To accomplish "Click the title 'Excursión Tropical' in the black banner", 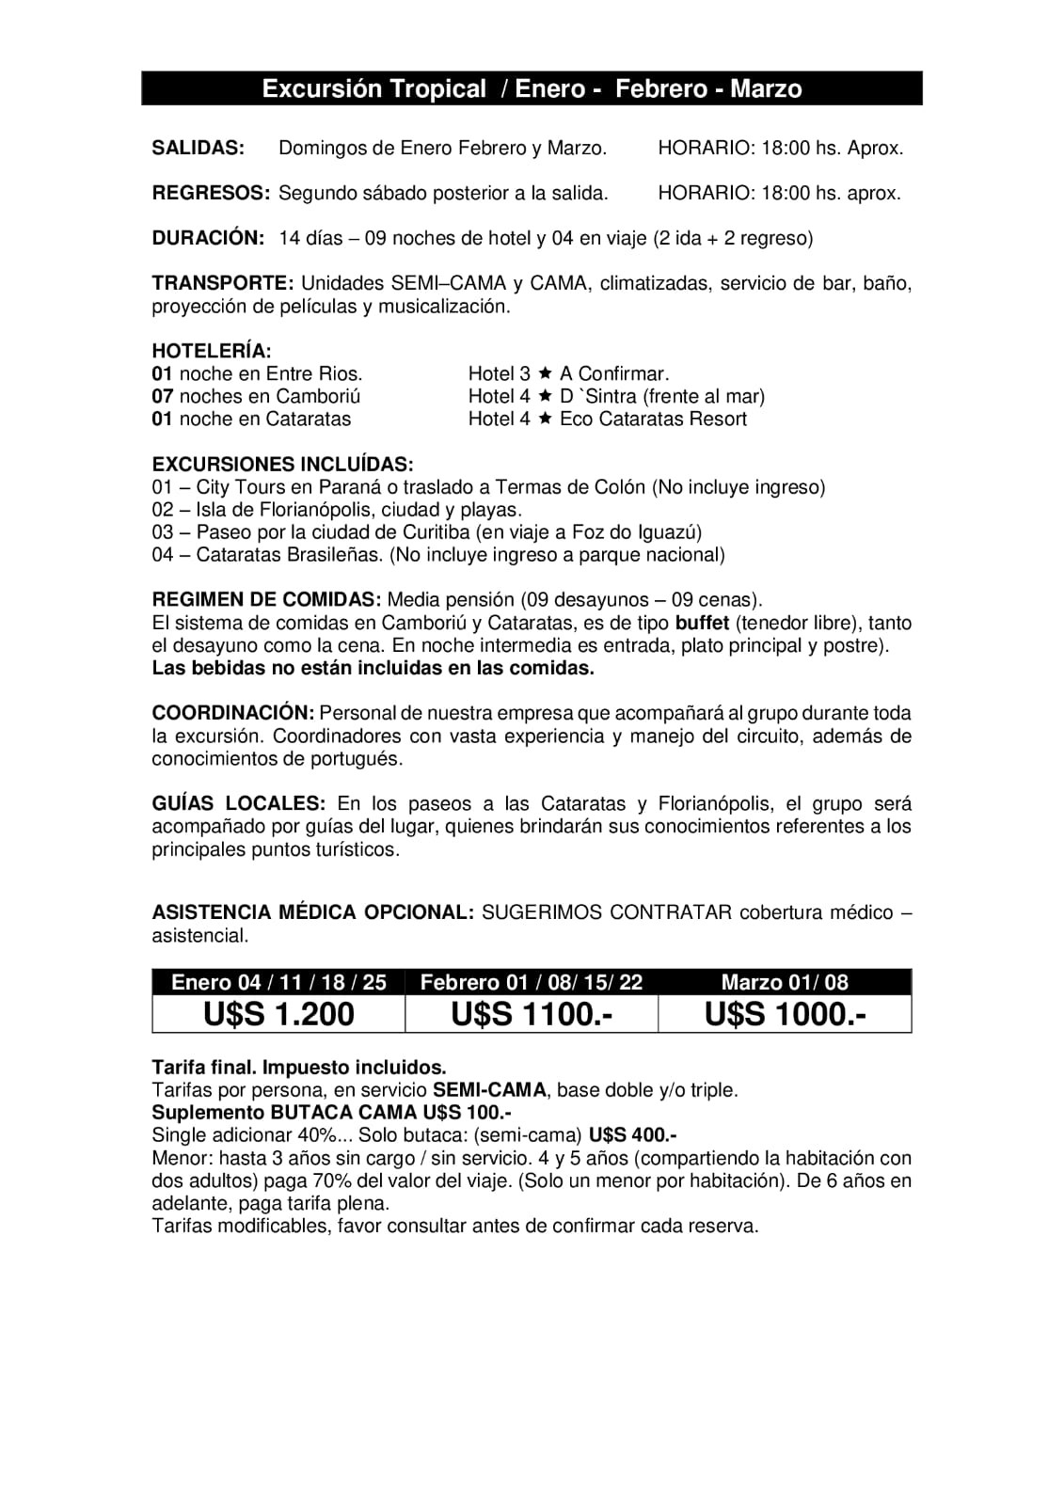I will point(373,88).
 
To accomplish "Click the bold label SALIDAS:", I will point(199,148).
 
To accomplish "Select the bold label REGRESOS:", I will point(211,193).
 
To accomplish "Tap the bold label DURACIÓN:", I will point(208,238).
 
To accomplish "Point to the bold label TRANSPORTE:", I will point(223,283).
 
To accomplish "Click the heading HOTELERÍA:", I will point(212,352).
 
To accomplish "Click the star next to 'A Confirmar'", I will point(545,373).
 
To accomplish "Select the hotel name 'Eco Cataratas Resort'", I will point(653,419).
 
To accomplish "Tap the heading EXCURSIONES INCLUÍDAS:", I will point(282,465).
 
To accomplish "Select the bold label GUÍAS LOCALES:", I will point(239,803).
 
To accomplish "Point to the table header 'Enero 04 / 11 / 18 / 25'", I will point(278,982).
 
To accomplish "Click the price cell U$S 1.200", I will point(278,1014).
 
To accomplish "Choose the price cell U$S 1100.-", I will point(532,1014).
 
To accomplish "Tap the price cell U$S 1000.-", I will point(785,1014).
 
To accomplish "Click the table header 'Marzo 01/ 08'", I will point(785,982).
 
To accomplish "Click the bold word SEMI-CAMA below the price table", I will point(489,1090).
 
